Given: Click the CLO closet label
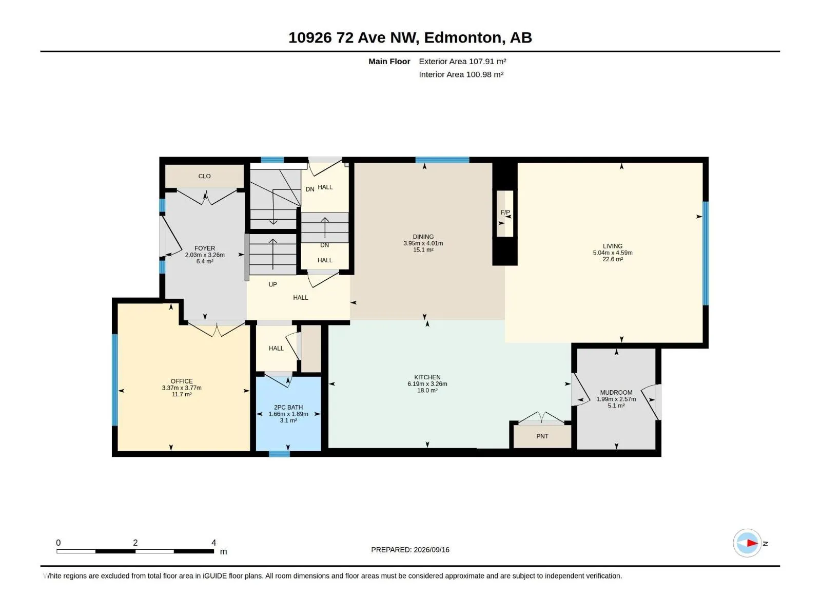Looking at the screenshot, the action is [204, 176].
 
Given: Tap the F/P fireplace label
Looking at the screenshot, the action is [505, 213].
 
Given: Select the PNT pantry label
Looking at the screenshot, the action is [542, 436].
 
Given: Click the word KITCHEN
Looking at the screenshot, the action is [427, 377].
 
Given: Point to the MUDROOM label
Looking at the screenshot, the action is [616, 392].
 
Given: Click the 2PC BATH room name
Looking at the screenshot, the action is [288, 407].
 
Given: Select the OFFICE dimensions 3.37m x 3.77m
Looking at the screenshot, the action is [182, 388].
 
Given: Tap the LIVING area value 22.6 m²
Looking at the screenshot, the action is [612, 259].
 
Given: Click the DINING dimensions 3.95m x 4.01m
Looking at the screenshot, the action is [423, 243].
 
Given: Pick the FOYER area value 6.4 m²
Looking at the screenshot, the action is [205, 261].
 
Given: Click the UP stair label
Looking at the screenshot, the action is [272, 284].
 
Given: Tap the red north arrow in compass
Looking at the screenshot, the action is [752, 543].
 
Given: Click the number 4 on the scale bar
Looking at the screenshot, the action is [213, 543].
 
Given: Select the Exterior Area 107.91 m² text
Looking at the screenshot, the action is [462, 61].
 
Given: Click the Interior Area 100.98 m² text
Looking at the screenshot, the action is [461, 74].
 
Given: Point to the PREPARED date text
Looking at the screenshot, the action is [410, 550].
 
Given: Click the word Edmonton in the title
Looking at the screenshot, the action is [463, 38].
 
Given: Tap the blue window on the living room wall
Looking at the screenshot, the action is [706, 254].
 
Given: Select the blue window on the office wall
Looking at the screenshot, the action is [115, 380].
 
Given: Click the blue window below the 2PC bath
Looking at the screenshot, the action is [279, 454].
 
